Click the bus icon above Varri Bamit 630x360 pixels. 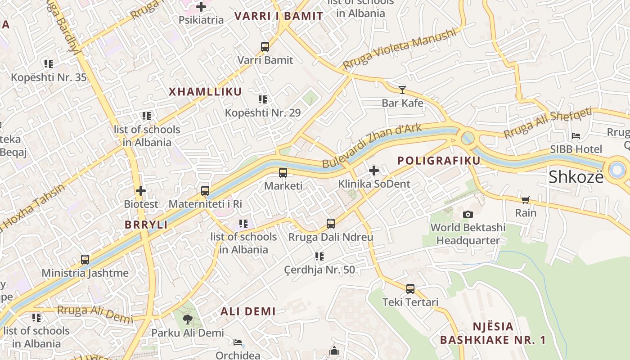point(265,46)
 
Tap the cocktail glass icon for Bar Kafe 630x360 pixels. point(402,90)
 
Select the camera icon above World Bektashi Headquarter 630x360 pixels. point(468,214)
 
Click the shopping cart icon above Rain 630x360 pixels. point(525,200)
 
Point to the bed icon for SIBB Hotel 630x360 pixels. point(576,136)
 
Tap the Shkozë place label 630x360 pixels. point(576,177)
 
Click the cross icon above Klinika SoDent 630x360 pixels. point(374,171)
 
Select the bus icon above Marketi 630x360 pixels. point(283,172)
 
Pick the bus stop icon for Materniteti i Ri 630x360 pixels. point(205,191)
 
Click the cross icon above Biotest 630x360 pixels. point(141,191)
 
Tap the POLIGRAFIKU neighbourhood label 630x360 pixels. point(439,161)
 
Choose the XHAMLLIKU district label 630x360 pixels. point(205,92)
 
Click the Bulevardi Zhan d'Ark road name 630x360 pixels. point(372,145)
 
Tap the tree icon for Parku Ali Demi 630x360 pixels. point(187,319)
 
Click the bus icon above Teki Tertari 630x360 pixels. point(410,289)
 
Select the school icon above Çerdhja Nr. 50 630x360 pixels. point(319,256)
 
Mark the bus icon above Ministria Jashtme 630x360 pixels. point(85,260)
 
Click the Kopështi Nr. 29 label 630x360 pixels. point(263,112)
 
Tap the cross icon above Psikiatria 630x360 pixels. point(201,7)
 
